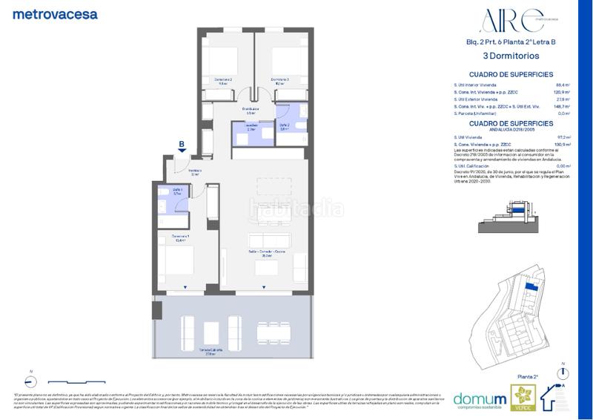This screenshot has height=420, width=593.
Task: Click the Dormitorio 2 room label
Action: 223,81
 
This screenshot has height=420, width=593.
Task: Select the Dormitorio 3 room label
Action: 279,81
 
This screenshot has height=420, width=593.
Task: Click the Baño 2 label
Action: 285,127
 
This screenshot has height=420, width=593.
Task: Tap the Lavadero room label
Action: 251,127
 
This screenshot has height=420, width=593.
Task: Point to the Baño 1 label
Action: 179,191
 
